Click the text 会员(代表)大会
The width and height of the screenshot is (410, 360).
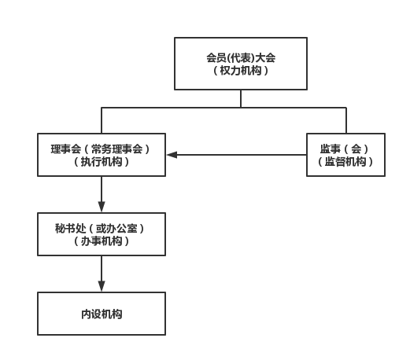pos(241,57)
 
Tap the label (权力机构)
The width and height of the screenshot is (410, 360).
pos(241,71)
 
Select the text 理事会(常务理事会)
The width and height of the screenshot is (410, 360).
pos(102,149)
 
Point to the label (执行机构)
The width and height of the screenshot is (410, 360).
pos(102,162)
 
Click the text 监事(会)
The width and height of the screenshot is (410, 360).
pos(345,149)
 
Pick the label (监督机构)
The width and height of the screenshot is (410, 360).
pos(345,162)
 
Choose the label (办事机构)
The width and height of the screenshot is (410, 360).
pos(102,241)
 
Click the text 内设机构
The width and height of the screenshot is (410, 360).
pos(102,314)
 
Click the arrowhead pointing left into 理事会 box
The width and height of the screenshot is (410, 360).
pos(172,155)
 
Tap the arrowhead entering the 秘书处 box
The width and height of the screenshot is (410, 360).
pos(102,207)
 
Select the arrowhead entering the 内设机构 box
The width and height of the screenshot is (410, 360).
pos(102,286)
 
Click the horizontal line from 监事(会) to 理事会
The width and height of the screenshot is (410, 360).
pos(237,155)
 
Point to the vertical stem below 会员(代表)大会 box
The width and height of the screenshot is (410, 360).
pos(241,99)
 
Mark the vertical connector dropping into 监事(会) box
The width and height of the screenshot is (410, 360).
pos(346,120)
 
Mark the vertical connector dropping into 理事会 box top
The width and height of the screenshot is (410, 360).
pos(102,120)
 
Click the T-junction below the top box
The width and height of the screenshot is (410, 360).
pos(241,108)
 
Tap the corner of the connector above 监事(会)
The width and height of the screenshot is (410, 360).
pos(346,108)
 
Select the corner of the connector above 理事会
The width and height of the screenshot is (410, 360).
pos(102,108)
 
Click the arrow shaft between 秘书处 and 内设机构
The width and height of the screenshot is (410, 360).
pos(102,268)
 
